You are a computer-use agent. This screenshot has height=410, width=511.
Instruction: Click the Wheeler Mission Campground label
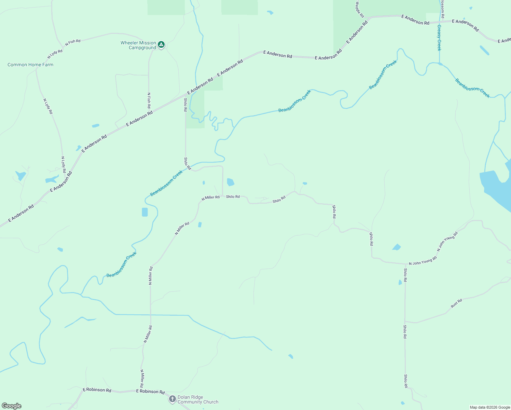[138, 45]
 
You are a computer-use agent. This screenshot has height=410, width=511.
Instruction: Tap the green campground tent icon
[161, 44]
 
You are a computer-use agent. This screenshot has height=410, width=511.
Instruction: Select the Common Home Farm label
[30, 65]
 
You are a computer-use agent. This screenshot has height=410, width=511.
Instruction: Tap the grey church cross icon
[172, 399]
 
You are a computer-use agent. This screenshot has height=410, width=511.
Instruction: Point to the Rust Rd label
[456, 303]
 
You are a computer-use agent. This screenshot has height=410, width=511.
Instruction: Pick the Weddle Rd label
[360, 9]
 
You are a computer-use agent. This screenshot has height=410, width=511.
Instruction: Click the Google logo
[12, 406]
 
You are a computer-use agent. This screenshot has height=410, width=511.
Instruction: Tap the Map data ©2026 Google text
[490, 407]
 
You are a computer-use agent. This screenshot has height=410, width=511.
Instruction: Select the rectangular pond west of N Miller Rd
[145, 212]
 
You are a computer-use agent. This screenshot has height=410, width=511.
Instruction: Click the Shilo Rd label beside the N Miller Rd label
[233, 197]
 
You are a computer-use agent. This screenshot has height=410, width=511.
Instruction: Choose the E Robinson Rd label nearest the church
[150, 392]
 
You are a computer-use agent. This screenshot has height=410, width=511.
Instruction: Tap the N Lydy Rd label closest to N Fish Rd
[55, 54]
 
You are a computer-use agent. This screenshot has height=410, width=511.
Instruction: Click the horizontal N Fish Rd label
[73, 43]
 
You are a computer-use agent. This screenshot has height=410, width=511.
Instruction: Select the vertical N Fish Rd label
[149, 100]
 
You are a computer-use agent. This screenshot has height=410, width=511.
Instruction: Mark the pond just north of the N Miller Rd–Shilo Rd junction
[230, 182]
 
